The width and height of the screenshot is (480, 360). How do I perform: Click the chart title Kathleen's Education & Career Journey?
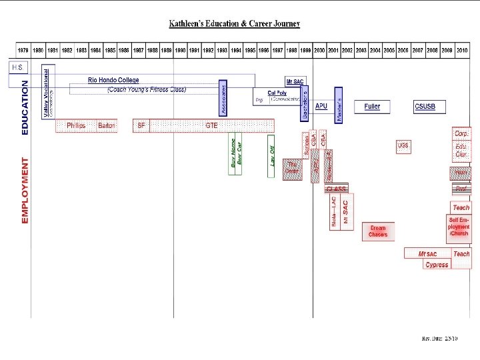[x=234, y=24]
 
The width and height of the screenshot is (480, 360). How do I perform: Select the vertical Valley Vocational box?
[x=47, y=93]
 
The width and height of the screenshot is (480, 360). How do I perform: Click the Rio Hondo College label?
[x=113, y=80]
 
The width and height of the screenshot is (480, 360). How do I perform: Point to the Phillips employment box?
[x=76, y=125]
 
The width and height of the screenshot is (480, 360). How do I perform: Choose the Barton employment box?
[x=107, y=125]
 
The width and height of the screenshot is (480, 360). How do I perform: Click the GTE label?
[x=211, y=125]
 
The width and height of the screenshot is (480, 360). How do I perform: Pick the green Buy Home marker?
[x=233, y=156]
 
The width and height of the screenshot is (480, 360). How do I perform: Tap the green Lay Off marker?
[x=272, y=156]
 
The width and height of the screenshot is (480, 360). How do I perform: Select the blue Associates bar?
[x=223, y=99]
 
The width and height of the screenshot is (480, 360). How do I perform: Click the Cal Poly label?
[x=277, y=93]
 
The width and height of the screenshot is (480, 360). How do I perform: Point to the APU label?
[x=321, y=106]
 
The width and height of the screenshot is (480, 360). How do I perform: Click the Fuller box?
[x=372, y=106]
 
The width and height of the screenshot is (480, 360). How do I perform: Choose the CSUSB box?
[x=425, y=106]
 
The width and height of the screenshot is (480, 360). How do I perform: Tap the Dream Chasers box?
[x=378, y=231]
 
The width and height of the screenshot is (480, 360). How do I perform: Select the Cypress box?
[x=437, y=265]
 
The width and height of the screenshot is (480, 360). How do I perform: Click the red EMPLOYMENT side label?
[x=25, y=190]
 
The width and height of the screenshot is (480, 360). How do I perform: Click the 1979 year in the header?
[x=23, y=50]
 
